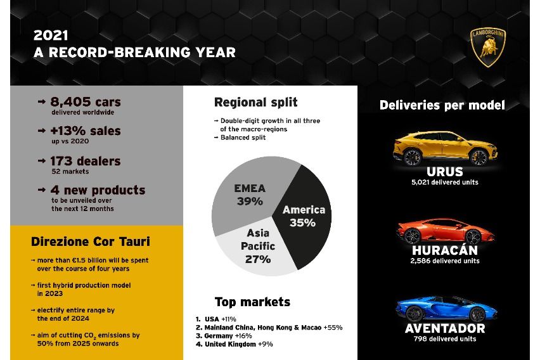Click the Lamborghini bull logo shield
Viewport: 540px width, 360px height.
coord(488,47)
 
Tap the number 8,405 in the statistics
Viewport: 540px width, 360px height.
coord(71,102)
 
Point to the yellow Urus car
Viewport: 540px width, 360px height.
coord(446,148)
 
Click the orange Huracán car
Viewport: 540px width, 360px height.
coord(446,231)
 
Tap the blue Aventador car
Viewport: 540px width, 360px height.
coord(446,308)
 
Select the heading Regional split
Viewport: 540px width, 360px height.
coord(255,102)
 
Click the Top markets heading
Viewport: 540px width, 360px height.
coord(252,302)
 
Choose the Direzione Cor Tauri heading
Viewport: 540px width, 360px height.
coord(91,241)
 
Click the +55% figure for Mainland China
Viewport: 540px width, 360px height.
coord(333,327)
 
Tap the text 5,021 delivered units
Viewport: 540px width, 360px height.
coord(445,183)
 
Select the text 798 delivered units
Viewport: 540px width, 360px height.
coord(445,339)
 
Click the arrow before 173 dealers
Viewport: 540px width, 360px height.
coord(42,160)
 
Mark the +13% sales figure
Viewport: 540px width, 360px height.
coord(86,131)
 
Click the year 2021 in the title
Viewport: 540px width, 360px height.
coord(51,35)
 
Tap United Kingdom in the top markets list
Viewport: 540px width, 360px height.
coord(231,344)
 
